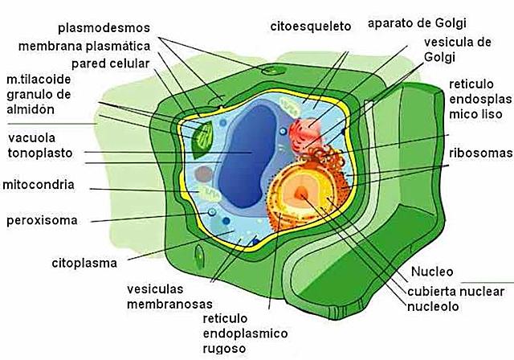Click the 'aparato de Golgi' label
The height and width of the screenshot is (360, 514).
[x=417, y=22]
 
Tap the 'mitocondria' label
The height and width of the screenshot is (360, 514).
[x=40, y=185]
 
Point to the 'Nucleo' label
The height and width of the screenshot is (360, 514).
[x=432, y=271]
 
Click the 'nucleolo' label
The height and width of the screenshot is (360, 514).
[x=432, y=306]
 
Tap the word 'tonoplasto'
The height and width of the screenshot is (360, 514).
[x=40, y=152]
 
